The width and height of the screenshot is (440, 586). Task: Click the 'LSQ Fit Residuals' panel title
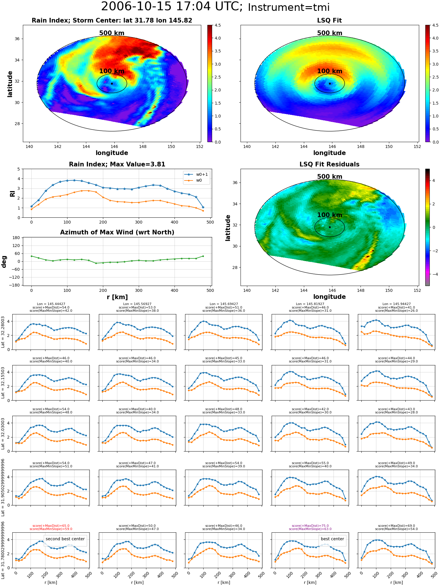click(329, 164)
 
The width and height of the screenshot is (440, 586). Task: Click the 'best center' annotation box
click(332, 539)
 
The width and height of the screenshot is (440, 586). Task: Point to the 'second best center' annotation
click(65, 539)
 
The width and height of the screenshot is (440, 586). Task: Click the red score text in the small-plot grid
click(51, 527)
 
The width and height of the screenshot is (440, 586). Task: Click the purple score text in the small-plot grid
click(310, 527)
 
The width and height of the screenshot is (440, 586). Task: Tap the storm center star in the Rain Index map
click(112, 84)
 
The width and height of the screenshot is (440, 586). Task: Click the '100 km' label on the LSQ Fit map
click(329, 71)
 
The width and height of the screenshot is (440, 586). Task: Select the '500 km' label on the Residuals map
click(329, 177)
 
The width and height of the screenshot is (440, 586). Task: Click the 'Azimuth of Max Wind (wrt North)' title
click(117, 232)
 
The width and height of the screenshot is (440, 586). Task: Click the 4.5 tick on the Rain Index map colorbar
click(218, 25)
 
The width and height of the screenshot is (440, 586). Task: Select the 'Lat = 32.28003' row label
click(3, 332)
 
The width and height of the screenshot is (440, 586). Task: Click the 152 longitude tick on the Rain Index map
click(199, 146)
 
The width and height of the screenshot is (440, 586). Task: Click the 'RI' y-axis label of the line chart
click(12, 193)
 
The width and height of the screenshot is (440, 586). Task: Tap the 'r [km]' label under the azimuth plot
click(117, 297)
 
